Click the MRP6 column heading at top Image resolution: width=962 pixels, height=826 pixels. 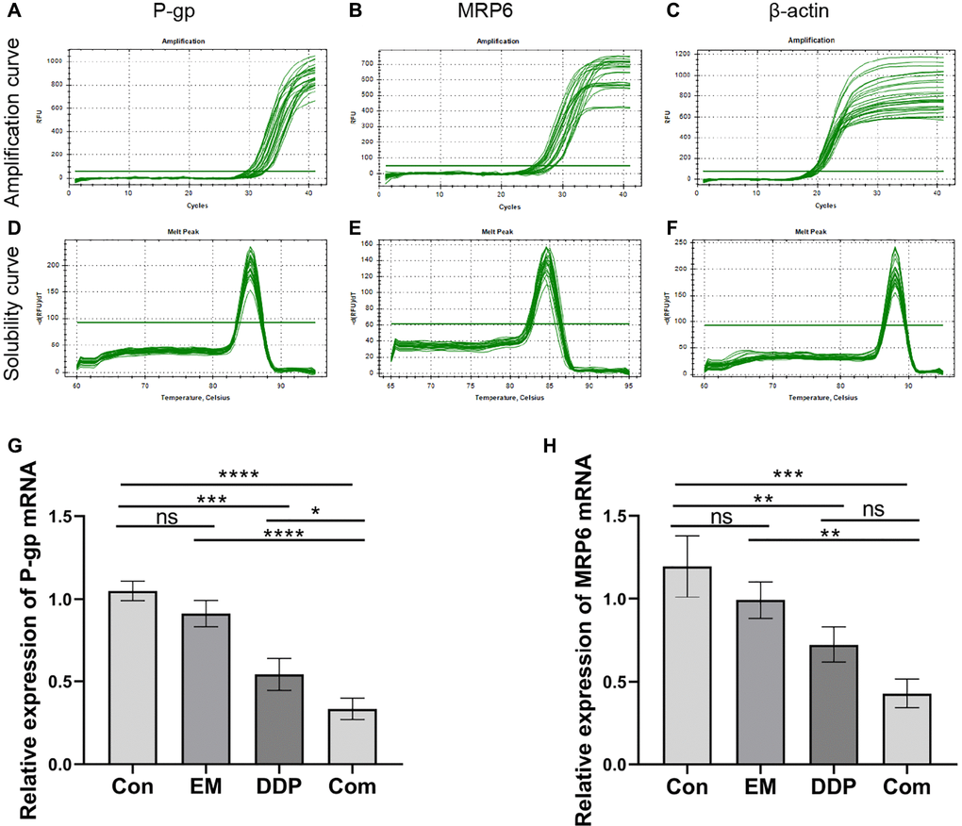coord(505,14)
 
